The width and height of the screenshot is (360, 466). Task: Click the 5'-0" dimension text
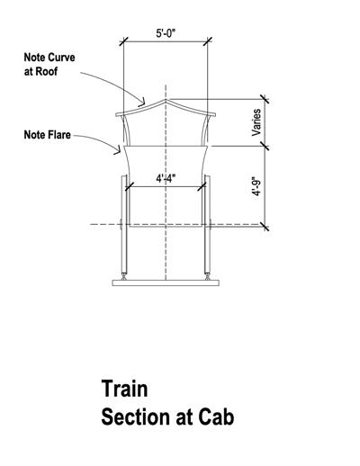pyautogui.click(x=166, y=33)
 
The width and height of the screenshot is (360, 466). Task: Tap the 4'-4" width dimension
pyautogui.click(x=166, y=179)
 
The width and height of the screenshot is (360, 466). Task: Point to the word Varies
pyautogui.click(x=256, y=122)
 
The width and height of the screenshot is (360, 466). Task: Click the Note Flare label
pyautogui.click(x=48, y=135)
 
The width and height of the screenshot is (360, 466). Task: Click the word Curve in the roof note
pyautogui.click(x=62, y=58)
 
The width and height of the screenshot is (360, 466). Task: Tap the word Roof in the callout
pyautogui.click(x=47, y=72)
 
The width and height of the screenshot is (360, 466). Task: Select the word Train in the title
pyautogui.click(x=124, y=389)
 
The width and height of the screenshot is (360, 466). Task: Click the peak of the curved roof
pyautogui.click(x=166, y=100)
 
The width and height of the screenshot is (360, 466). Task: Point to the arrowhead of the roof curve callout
pyautogui.click(x=142, y=103)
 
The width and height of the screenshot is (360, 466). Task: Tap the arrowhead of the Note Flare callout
pyautogui.click(x=118, y=150)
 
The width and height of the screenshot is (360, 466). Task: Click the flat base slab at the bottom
pyautogui.click(x=166, y=282)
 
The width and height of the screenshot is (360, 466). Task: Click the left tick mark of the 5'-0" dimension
pyautogui.click(x=123, y=41)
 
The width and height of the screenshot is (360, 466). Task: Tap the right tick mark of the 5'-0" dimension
pyautogui.click(x=208, y=41)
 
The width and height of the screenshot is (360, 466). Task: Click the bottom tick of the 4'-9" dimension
pyautogui.click(x=265, y=227)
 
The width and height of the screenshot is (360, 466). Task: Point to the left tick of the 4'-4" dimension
pyautogui.click(x=129, y=186)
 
